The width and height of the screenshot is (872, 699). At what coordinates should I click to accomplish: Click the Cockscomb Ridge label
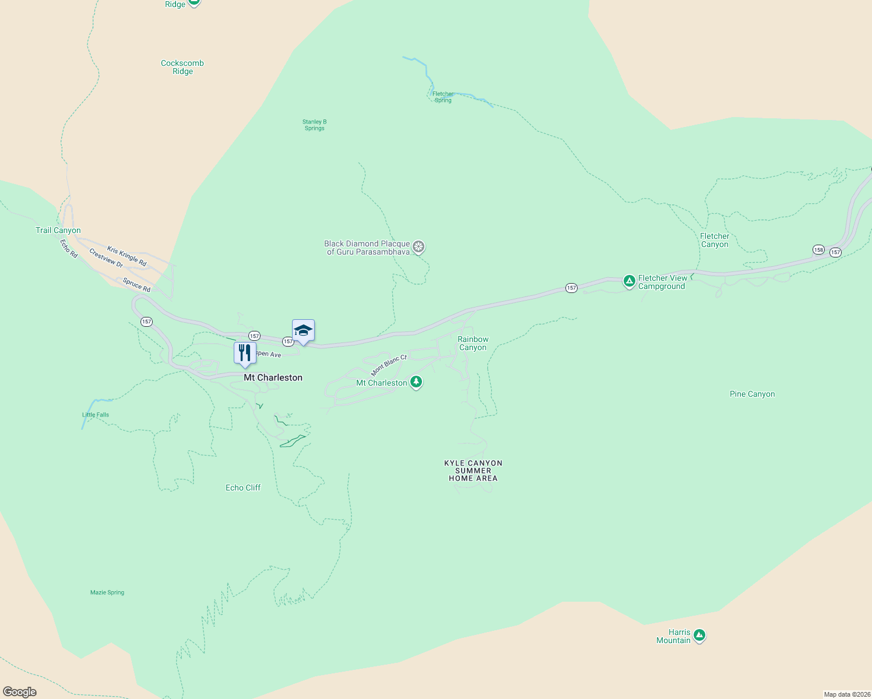coord(182,67)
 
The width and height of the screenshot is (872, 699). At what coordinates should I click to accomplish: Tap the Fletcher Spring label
coord(443,97)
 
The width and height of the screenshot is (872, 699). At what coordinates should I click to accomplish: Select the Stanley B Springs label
coord(314,125)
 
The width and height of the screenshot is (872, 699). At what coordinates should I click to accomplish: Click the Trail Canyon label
coord(58,230)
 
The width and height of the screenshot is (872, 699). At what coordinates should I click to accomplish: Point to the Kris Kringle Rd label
coord(126,257)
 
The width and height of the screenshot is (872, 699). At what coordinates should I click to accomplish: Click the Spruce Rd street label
coord(136,285)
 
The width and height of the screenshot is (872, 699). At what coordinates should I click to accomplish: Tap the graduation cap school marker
coord(303,331)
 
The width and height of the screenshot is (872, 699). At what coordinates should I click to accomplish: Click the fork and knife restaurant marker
coord(245,353)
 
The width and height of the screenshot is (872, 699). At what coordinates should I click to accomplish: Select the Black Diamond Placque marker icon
coord(419,247)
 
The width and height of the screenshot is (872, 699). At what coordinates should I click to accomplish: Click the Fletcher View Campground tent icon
coord(629,281)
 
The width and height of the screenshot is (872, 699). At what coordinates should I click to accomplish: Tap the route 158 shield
coord(818,250)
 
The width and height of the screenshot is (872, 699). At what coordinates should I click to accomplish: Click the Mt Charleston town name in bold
coord(273,377)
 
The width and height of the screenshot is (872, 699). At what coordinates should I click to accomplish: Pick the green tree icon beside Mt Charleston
coord(416,382)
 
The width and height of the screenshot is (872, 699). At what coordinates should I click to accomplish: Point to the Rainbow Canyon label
coord(473,343)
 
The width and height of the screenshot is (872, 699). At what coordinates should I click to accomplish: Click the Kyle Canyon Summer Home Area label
coord(473,471)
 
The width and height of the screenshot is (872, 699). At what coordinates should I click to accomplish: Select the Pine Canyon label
coord(752,394)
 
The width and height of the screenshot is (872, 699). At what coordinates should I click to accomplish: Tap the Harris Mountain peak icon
coord(699,635)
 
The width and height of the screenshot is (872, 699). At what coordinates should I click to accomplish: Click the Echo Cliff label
coord(243,488)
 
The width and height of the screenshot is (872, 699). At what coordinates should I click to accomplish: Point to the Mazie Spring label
coord(107,592)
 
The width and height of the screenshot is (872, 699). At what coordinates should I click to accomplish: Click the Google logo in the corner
coord(20,691)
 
